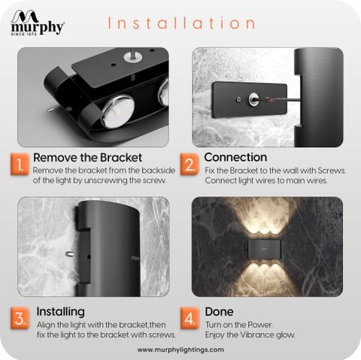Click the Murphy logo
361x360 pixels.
[38, 23]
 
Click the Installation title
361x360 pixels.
[181, 23]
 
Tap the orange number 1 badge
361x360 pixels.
[20, 165]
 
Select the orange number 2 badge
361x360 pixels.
[190, 165]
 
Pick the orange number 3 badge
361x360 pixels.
[20, 318]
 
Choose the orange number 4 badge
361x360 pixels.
[190, 318]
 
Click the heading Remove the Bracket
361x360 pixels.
[88, 158]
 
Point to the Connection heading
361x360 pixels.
[235, 157]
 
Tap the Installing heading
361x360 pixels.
[60, 312]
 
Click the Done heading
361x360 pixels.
[219, 312]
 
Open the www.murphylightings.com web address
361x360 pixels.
[180, 349]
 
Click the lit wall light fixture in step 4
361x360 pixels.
[265, 249]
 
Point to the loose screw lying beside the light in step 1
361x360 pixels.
[50, 110]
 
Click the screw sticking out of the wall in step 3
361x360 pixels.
[70, 254]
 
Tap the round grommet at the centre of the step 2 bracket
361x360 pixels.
[253, 98]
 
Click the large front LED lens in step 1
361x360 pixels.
[118, 111]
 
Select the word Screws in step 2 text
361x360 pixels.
[332, 171]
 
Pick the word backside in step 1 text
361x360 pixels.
[159, 171]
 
